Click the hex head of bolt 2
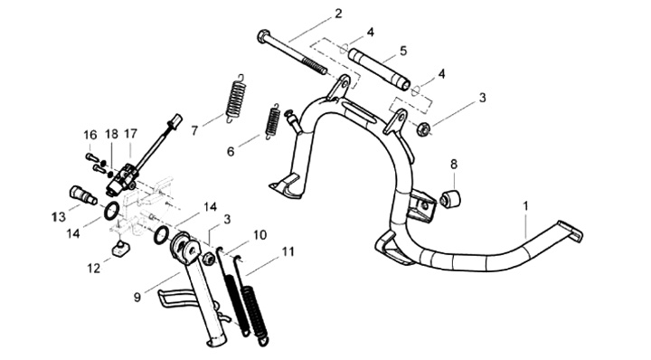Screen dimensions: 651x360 tap(264, 36)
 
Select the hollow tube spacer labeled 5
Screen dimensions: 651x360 tap(379, 70)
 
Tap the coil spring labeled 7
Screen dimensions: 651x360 tap(236, 98)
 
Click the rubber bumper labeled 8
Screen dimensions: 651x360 tap(450, 198)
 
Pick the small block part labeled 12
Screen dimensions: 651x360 tap(120, 249)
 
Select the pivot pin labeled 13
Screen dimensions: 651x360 tap(82, 195)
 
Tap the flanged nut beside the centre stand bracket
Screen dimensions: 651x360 tap(424, 128)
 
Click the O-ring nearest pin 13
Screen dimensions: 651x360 tap(112, 211)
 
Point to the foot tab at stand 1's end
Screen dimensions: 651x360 tap(571, 232)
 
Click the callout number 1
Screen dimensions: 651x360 tap(525, 206)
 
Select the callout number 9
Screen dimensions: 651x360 tap(137, 297)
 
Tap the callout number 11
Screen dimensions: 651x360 tap(288, 252)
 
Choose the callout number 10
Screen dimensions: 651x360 tap(259, 235)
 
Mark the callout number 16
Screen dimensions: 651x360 tap(90, 135)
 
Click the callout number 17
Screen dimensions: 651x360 tap(130, 134)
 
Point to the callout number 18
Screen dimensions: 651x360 tap(111, 134)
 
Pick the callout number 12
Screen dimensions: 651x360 tap(94, 269)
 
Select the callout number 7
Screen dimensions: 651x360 tap(194, 131)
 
